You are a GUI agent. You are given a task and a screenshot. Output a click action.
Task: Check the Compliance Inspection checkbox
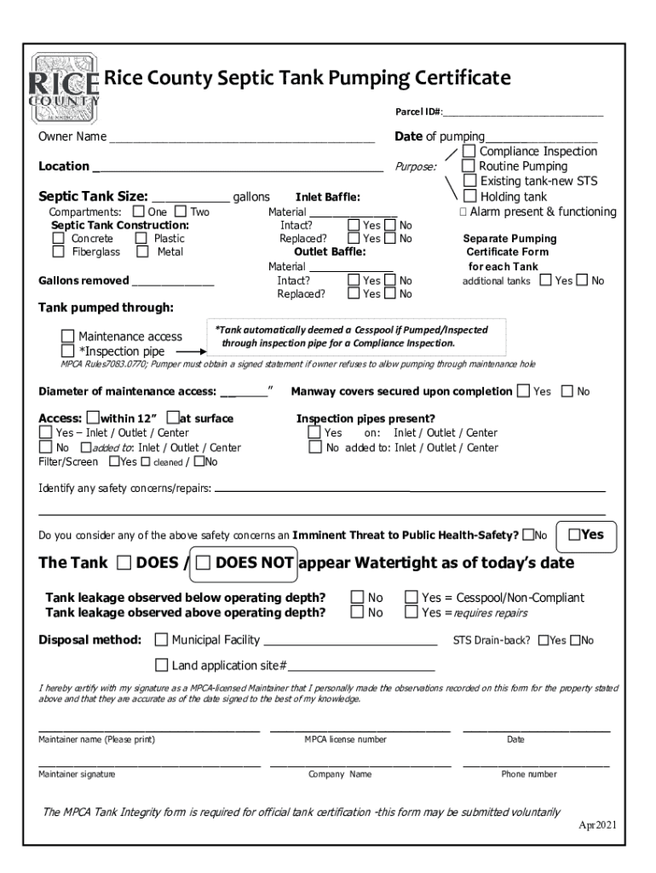pos(469,152)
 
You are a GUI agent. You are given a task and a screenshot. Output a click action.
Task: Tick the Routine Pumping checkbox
pos(468,166)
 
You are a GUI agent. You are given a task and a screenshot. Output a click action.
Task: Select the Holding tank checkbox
pos(469,196)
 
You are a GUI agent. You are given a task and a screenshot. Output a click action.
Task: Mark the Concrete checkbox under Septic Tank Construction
pos(58,239)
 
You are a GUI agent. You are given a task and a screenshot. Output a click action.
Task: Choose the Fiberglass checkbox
pos(58,252)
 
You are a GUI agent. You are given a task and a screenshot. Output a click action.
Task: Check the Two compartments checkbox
pos(181,211)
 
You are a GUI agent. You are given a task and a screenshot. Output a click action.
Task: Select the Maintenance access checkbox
pos(67,337)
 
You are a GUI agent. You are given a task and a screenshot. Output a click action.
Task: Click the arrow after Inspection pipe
pos(192,350)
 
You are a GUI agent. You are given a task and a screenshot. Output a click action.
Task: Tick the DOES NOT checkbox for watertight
pos(203,563)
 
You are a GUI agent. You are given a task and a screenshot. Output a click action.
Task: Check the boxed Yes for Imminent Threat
pos(574,535)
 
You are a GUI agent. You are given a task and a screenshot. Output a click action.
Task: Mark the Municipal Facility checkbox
pos(161,640)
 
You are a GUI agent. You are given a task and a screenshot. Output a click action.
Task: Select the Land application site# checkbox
pos(161,665)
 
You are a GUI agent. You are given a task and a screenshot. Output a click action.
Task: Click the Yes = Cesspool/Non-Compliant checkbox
pos(411,598)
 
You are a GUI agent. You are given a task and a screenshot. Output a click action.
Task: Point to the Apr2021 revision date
pos(597,825)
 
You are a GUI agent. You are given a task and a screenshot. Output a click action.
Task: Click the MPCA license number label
pos(345,740)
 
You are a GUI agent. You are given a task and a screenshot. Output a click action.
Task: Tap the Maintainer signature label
pos(77,774)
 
